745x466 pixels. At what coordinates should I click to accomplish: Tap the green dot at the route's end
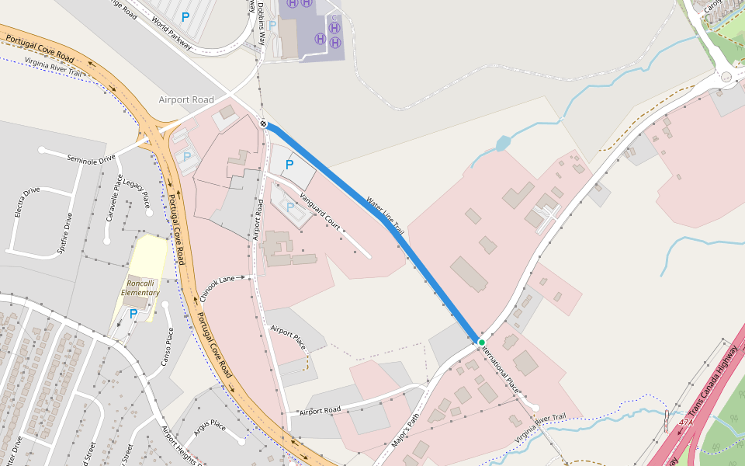[481, 343]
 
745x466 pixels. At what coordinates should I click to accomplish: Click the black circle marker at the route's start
[264, 123]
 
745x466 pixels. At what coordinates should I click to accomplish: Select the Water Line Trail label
[385, 215]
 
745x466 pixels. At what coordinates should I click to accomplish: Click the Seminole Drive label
[91, 158]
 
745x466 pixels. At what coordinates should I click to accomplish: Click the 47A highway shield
[686, 423]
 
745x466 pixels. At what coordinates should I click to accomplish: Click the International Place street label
[501, 366]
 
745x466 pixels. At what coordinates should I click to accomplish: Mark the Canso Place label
[167, 346]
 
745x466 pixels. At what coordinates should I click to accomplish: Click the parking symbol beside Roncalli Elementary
[133, 315]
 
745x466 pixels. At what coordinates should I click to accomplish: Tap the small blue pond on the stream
[502, 144]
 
